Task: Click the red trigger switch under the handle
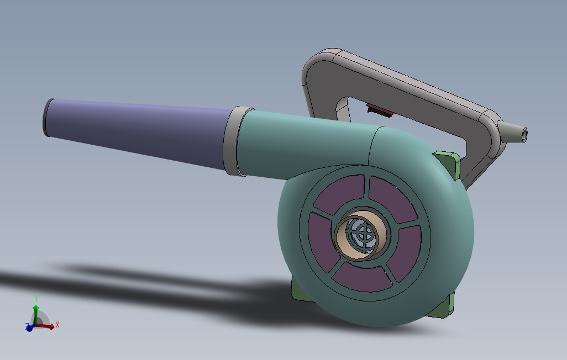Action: (x=380, y=110)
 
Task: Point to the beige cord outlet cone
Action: (x=512, y=132)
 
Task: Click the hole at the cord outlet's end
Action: (x=524, y=135)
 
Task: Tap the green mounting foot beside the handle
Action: (x=449, y=165)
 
